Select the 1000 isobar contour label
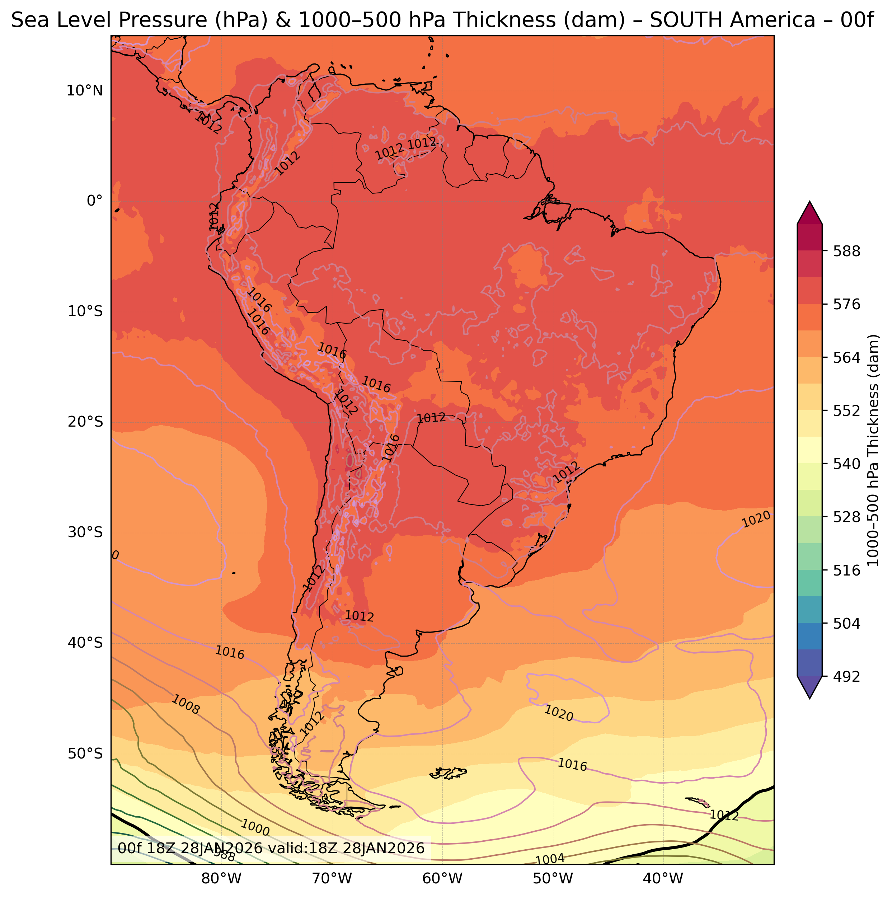(255, 828)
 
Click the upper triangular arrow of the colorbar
(810, 213)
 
